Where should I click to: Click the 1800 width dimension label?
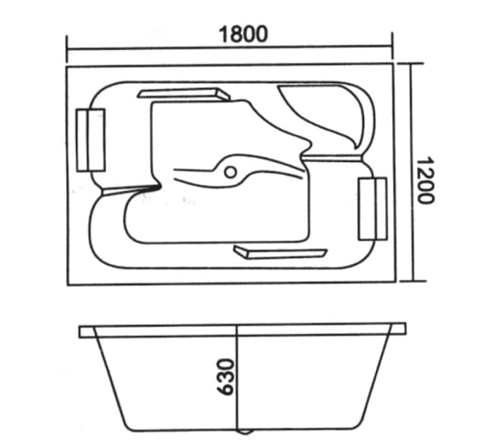tap(243, 34)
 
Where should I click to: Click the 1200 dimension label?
tap(426, 180)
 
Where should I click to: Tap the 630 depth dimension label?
tap(225, 377)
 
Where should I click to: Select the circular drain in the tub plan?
tap(231, 172)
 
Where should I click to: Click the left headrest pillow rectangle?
tap(91, 140)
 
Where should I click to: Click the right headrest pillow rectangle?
tap(372, 209)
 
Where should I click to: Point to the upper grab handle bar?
tap(184, 94)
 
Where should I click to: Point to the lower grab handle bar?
tap(280, 252)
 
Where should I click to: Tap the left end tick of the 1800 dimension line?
tap(67, 49)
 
